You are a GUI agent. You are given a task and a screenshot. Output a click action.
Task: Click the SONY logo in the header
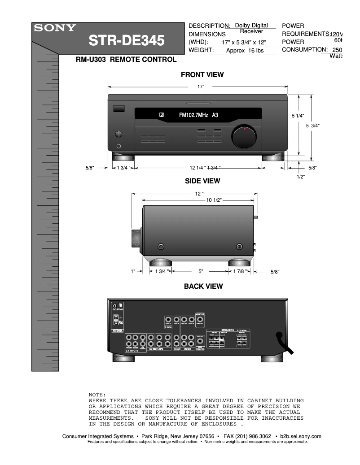(x=54, y=27)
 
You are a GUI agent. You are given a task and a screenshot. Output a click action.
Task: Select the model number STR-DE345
(x=127, y=41)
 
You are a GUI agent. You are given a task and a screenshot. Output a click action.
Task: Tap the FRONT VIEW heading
(x=202, y=74)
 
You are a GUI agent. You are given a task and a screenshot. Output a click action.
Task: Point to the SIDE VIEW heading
(x=202, y=181)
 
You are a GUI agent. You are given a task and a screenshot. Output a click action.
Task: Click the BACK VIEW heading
(x=203, y=286)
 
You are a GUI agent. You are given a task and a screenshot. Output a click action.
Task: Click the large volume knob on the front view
(x=244, y=137)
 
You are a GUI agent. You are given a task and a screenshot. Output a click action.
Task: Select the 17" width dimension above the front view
(x=201, y=87)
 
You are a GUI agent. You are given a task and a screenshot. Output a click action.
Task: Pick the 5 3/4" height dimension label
(x=312, y=126)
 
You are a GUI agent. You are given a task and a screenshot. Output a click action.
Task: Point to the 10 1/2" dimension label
(x=214, y=200)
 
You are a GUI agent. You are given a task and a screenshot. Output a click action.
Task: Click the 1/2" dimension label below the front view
(x=301, y=177)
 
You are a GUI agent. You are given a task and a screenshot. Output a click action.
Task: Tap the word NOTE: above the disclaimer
(x=97, y=394)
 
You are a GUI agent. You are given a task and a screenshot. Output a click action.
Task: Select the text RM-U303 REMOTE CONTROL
(x=126, y=60)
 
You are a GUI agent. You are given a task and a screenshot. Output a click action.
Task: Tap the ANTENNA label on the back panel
(x=117, y=330)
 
